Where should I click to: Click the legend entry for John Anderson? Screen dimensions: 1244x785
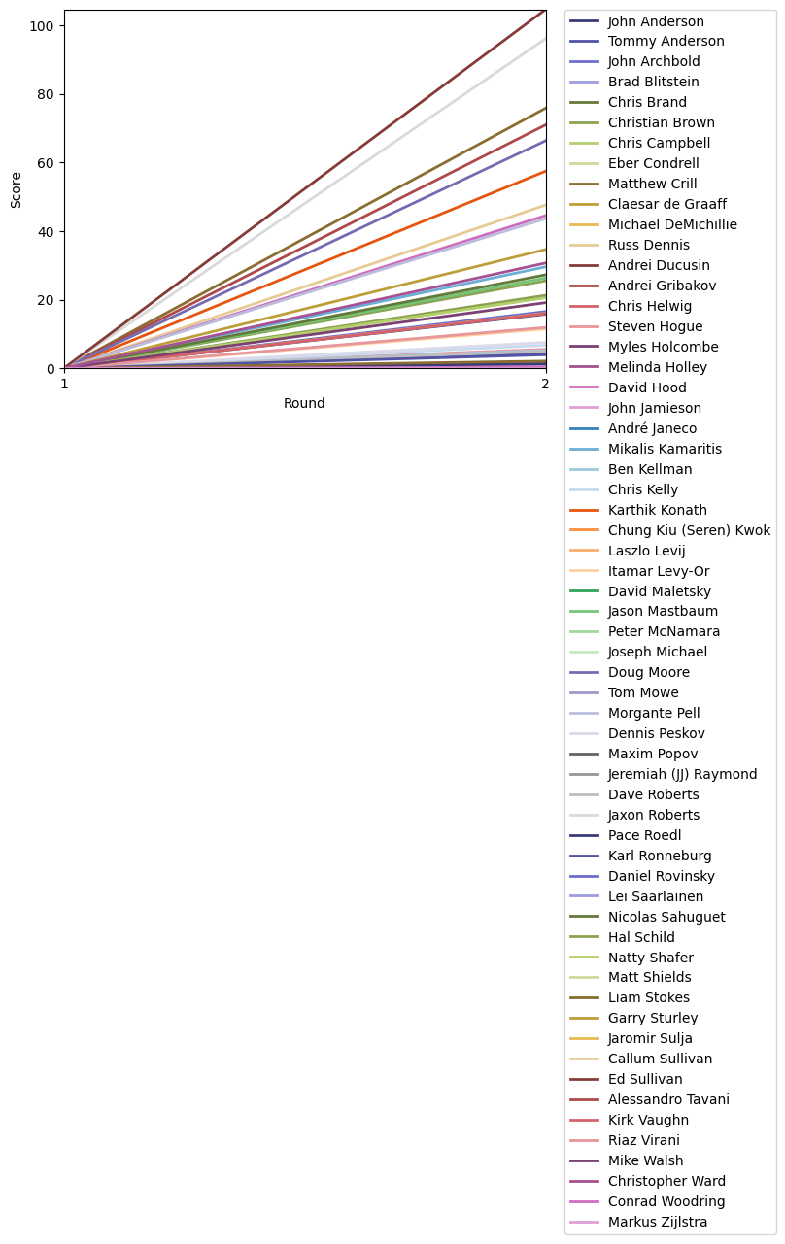tap(656, 21)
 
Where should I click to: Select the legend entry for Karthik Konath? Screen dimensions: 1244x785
tap(657, 510)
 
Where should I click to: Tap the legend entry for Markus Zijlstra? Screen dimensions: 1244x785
tap(657, 1222)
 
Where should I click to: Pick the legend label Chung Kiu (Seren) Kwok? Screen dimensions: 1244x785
tap(689, 530)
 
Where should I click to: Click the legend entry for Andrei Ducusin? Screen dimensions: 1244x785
tap(659, 265)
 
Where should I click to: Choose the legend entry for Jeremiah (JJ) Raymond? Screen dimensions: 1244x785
tap(682, 774)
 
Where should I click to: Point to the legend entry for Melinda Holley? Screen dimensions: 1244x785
tap(657, 367)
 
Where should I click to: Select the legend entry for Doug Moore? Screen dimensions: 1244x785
tap(648, 672)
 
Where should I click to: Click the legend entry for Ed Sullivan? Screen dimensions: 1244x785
tap(645, 1079)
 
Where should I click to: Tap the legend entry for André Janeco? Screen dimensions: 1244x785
tap(652, 428)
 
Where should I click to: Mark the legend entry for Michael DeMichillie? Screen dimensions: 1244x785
tap(672, 224)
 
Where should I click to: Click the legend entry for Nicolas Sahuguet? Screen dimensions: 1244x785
tap(666, 917)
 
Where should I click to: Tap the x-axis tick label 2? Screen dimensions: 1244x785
tap(545, 385)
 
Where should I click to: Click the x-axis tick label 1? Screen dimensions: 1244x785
tap(65, 385)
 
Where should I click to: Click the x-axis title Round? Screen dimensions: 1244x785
tap(304, 404)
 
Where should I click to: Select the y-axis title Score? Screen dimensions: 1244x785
tap(17, 189)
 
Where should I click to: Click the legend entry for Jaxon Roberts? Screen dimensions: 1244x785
tap(653, 815)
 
